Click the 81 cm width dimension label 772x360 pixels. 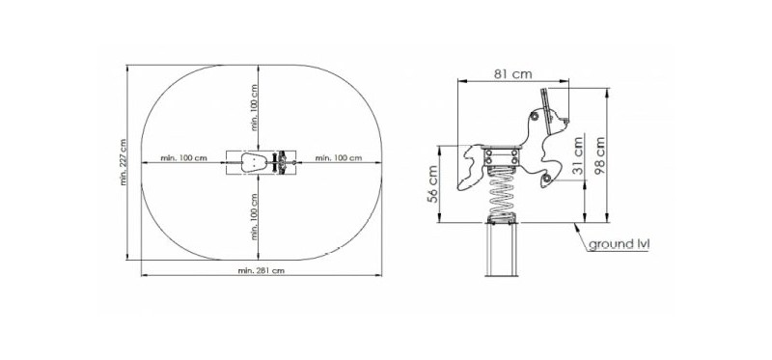pyautogui.click(x=513, y=73)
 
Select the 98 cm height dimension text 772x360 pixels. pyautogui.click(x=599, y=155)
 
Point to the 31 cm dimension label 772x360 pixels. pyautogui.click(x=577, y=154)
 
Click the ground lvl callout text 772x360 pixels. pyautogui.click(x=619, y=244)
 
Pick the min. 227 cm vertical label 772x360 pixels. pyautogui.click(x=124, y=162)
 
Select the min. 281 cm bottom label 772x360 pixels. pyautogui.click(x=261, y=270)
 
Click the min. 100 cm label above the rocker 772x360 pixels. pyautogui.click(x=254, y=107)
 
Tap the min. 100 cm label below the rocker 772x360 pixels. pyautogui.click(x=254, y=216)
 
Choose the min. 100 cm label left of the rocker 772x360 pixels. pyautogui.click(x=183, y=158)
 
